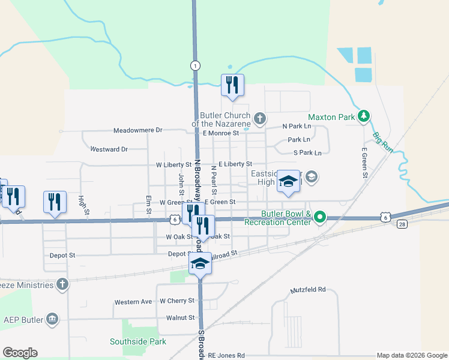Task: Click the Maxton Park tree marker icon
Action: (363, 117)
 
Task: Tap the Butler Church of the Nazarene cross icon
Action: (259, 118)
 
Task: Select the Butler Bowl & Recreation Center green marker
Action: (320, 217)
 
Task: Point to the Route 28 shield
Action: (402, 224)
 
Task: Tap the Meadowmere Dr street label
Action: (139, 130)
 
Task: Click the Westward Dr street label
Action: (108, 149)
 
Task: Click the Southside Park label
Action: (137, 341)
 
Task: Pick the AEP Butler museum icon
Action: (52, 318)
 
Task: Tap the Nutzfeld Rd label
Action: (307, 289)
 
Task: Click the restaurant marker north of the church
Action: (232, 85)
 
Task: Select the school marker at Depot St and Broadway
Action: (200, 263)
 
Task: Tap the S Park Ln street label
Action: (307, 153)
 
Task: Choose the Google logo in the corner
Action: (20, 353)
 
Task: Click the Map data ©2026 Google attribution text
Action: (412, 356)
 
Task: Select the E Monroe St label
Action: (221, 133)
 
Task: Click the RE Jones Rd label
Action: (226, 355)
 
